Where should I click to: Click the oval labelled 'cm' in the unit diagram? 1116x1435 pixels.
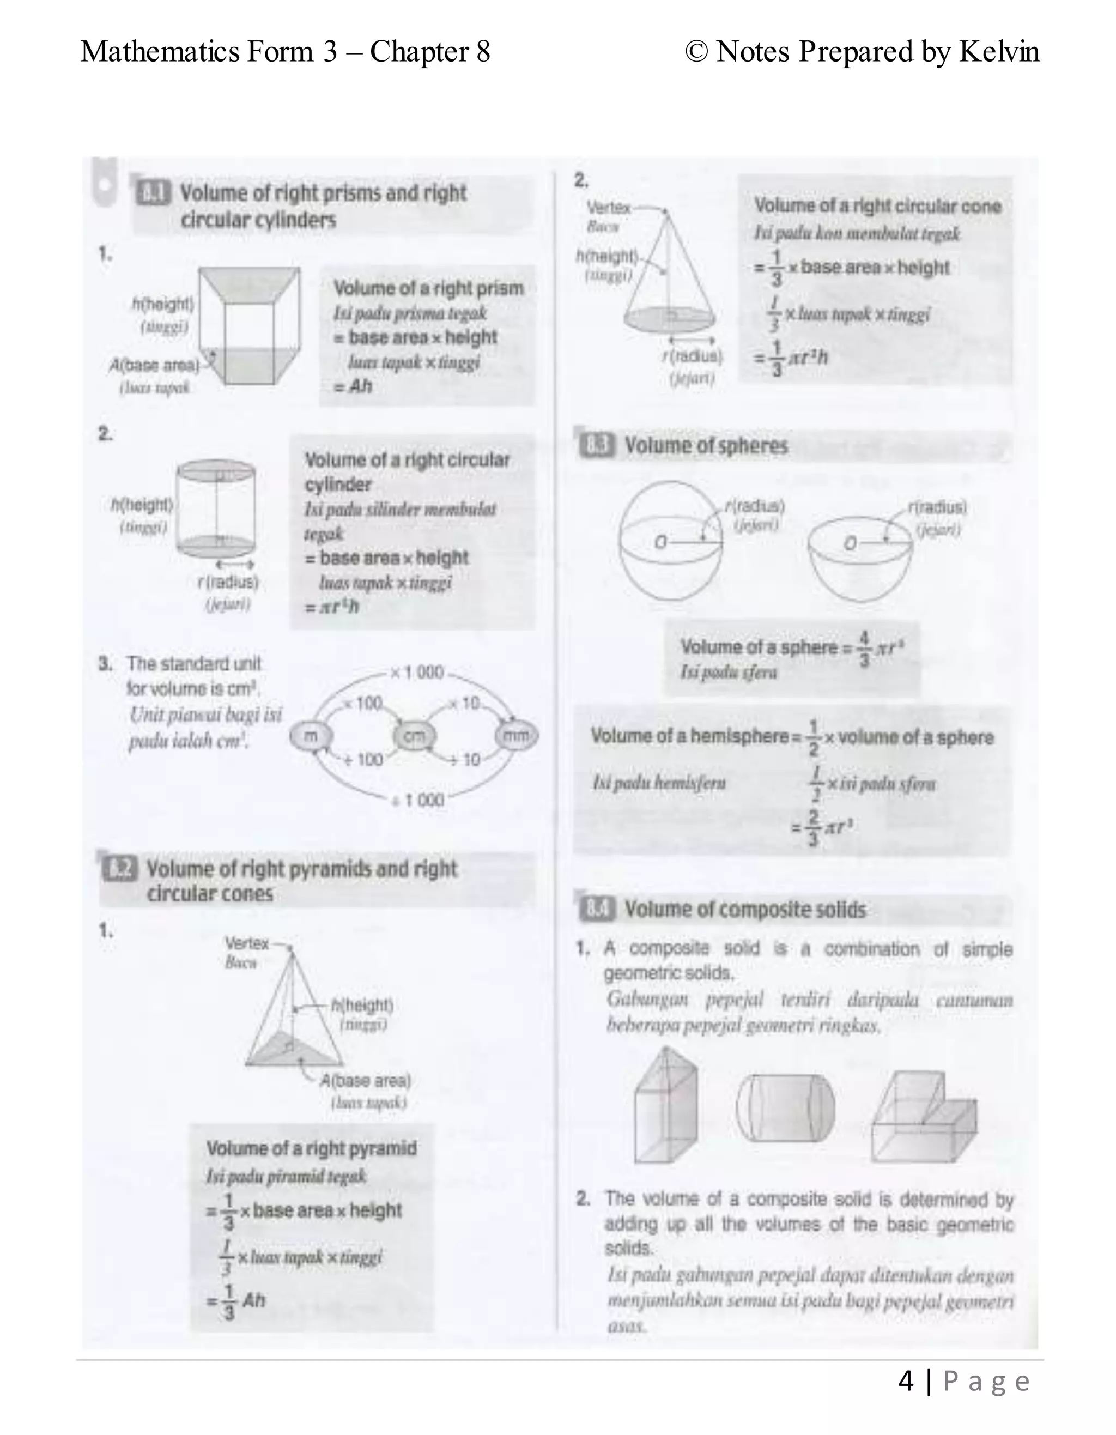(414, 736)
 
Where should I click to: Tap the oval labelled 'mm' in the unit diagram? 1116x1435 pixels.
(516, 736)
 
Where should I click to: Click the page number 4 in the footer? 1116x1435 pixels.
(906, 1382)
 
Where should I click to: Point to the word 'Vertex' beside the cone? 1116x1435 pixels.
(608, 208)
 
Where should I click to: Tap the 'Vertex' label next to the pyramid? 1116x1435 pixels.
(247, 943)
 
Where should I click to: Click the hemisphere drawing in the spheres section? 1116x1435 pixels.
(860, 562)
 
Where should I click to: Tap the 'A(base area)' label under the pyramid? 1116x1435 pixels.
(365, 1081)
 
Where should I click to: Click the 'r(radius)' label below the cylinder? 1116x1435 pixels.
(228, 582)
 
